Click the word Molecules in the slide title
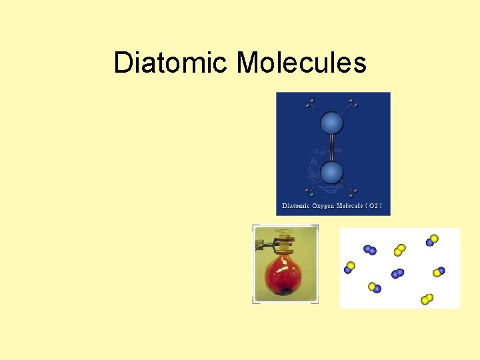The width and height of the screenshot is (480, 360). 301,63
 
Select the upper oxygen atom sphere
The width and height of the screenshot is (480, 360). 331,123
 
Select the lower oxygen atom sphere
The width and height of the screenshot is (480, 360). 331,173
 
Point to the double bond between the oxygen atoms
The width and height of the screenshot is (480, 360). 331,148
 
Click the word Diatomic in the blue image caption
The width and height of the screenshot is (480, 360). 295,206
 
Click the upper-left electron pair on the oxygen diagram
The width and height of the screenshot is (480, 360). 309,104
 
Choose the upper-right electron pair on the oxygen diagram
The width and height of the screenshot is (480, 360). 353,104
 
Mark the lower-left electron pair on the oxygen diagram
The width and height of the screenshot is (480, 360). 309,193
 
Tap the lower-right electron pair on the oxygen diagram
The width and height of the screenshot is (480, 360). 353,193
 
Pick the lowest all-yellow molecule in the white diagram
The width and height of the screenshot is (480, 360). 427,299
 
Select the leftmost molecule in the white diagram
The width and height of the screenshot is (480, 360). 349,267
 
